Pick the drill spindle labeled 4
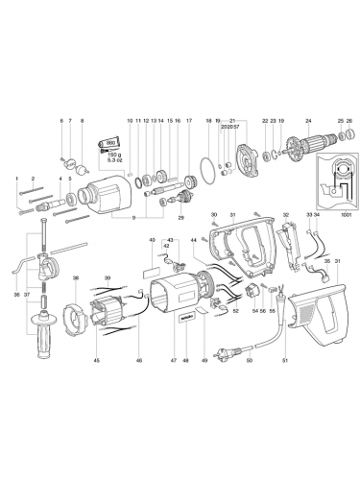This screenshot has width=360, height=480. [72, 203]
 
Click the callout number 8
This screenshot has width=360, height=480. [83, 120]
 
